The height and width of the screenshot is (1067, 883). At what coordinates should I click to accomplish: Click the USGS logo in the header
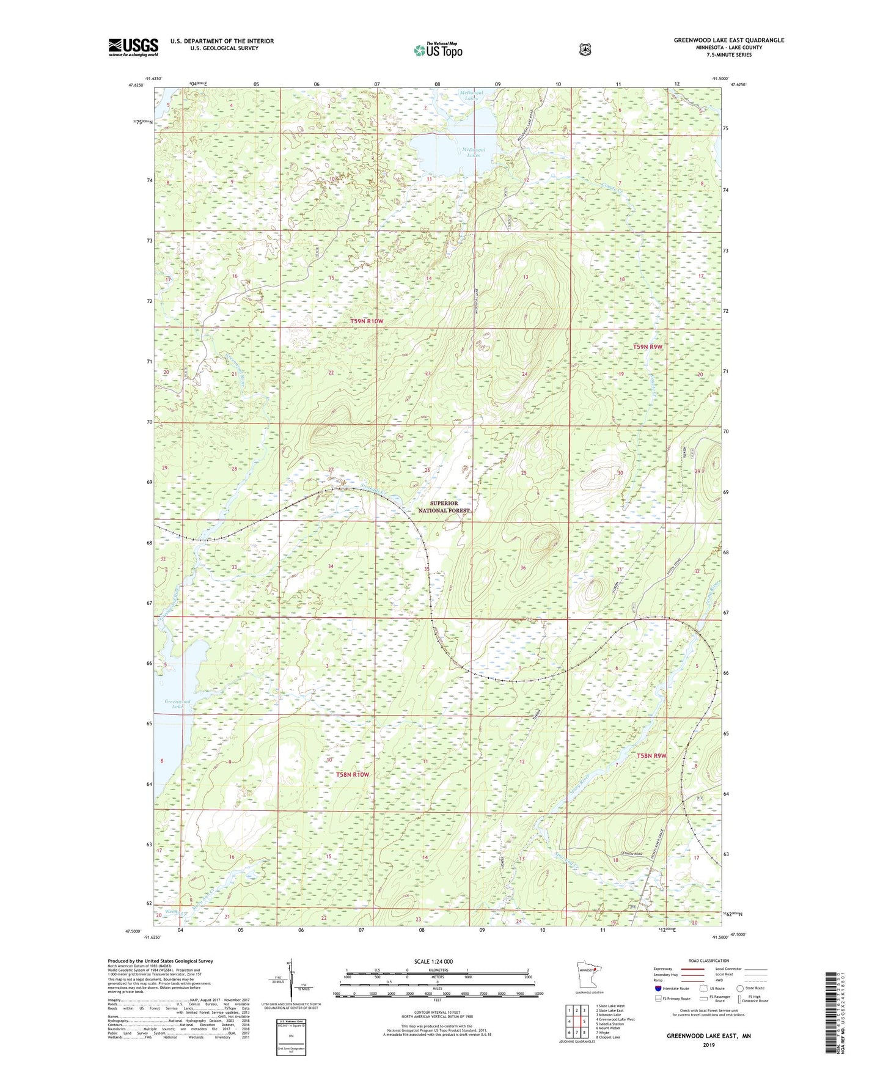pos(133,47)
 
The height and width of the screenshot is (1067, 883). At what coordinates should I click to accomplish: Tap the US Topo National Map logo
pos(438,50)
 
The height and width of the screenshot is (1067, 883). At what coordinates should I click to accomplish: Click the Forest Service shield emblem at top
pos(585,50)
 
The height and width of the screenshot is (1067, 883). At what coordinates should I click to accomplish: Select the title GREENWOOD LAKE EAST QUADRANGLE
pos(728,40)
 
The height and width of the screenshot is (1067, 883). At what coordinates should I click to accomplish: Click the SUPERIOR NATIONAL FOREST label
pos(444,507)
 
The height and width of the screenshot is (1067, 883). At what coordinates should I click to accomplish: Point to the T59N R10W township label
pos(367,321)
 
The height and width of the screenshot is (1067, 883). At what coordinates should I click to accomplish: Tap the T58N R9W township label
pos(651,756)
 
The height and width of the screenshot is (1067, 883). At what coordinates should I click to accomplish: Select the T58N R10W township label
pos(353,774)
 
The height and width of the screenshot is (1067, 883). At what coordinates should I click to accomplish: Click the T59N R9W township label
pos(648,346)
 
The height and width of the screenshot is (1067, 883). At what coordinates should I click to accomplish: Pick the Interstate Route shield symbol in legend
pos(658,988)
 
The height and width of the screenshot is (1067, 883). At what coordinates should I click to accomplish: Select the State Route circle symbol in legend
pos(740,988)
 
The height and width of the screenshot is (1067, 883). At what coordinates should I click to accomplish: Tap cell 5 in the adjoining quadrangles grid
pos(584,1021)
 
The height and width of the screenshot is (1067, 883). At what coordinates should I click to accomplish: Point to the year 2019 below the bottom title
pos(708,1045)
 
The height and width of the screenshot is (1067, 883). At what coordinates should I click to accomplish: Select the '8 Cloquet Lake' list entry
pos(607,1037)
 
